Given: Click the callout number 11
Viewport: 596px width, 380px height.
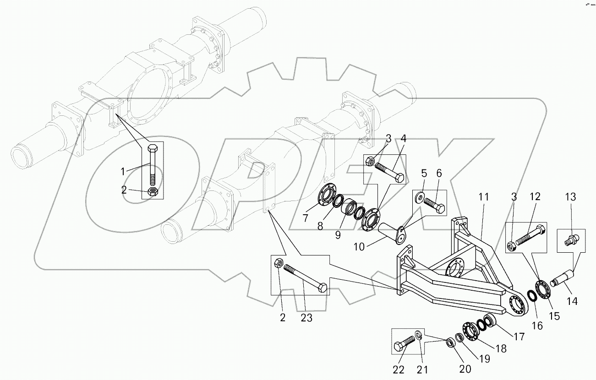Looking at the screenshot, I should [x=484, y=197].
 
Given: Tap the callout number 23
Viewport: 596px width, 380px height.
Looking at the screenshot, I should [x=306, y=317].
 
